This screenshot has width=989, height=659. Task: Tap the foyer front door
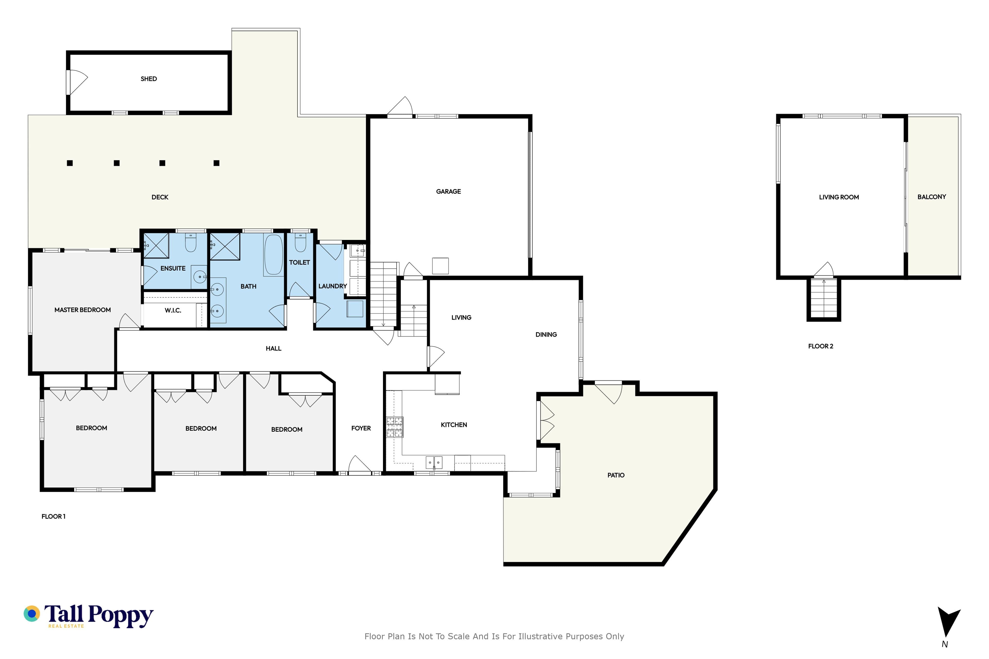[360, 465]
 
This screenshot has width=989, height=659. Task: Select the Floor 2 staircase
[823, 298]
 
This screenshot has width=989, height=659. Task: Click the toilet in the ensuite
[191, 243]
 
